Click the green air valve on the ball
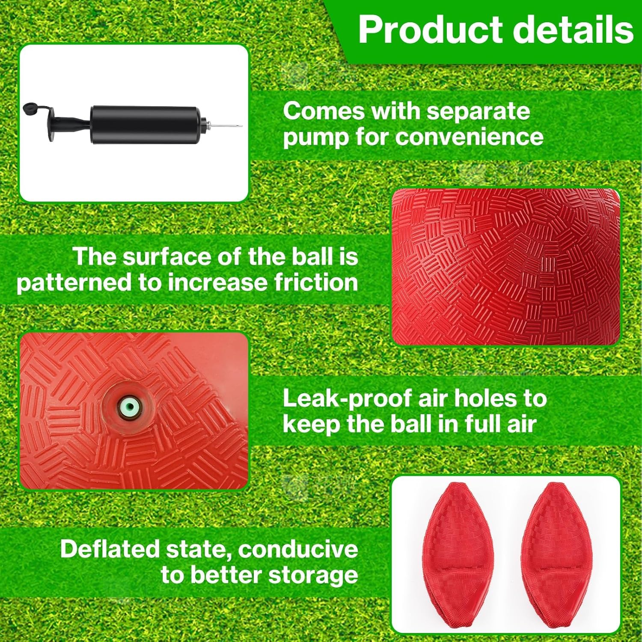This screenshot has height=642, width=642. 129,405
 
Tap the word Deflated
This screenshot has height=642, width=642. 109,549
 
